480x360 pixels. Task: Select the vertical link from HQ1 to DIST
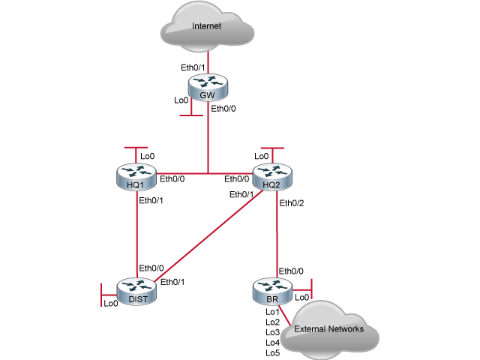click(x=136, y=232)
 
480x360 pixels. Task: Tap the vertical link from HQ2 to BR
click(x=277, y=232)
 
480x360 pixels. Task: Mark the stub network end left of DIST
click(x=101, y=294)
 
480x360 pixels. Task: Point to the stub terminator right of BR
click(x=310, y=287)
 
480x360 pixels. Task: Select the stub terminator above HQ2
click(x=271, y=148)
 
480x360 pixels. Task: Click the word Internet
click(x=207, y=27)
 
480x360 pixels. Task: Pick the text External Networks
click(x=328, y=329)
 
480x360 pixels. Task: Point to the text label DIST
click(x=136, y=299)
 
